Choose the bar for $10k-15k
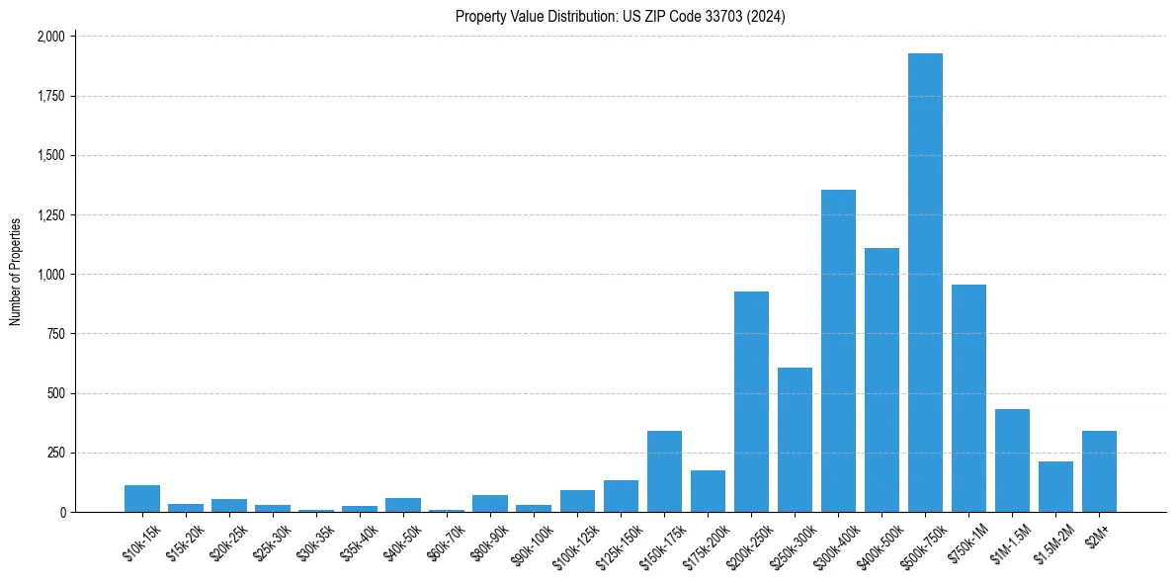point(142,498)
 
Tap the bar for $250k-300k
point(795,440)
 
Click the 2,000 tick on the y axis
point(50,37)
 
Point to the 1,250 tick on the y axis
point(50,215)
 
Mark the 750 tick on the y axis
point(56,334)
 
